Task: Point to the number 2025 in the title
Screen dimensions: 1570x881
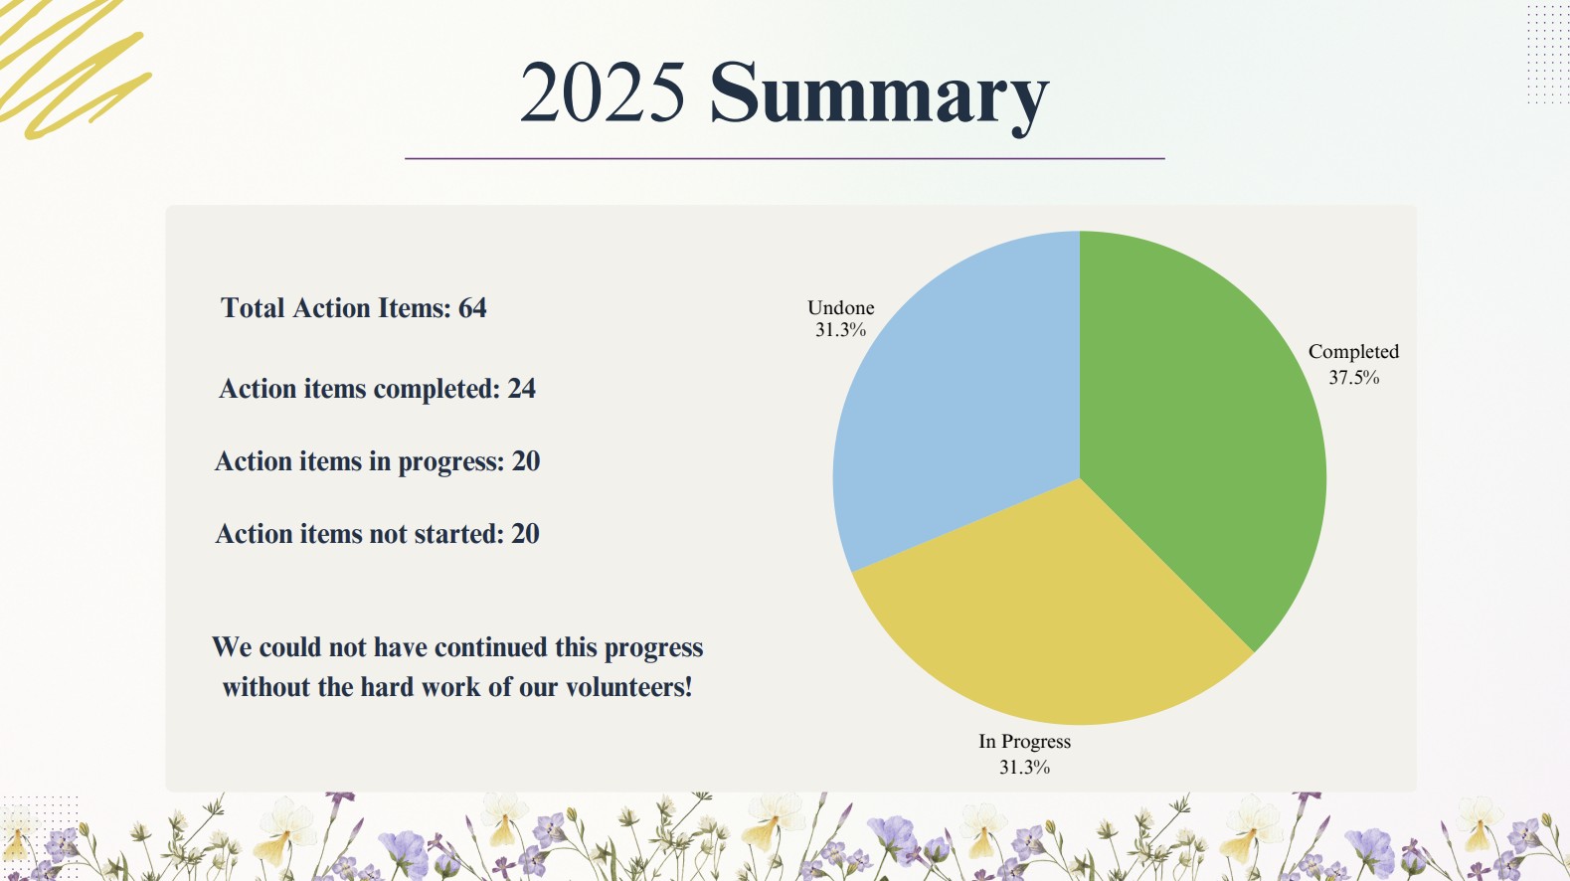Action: [x=603, y=92]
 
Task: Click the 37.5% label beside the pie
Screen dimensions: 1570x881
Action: [x=1353, y=378]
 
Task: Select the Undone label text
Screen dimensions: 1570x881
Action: [x=840, y=307]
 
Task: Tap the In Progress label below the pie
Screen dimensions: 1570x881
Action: [x=1024, y=742]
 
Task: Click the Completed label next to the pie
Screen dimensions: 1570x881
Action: [x=1353, y=352]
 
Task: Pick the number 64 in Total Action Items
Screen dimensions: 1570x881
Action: [x=472, y=308]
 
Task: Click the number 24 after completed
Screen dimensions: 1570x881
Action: [x=521, y=389]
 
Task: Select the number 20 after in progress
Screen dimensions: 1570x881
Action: [x=526, y=461]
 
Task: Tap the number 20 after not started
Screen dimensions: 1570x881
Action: [x=525, y=534]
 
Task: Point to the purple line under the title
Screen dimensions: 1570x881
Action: [x=785, y=159]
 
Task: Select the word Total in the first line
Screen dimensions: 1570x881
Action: [x=253, y=308]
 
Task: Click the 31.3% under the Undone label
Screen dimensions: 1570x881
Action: [x=840, y=330]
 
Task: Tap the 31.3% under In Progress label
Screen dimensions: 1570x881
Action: [x=1024, y=768]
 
